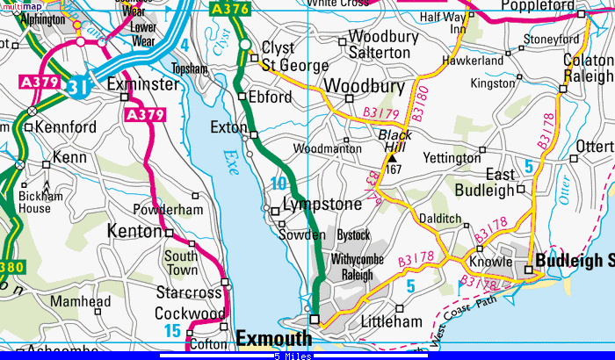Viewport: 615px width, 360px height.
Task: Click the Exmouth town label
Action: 273,338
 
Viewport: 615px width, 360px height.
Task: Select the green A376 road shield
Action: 230,10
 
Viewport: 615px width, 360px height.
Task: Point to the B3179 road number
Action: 380,114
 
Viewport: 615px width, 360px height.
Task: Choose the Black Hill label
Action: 394,143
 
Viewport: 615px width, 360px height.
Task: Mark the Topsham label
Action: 190,68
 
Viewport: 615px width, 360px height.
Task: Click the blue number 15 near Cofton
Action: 173,330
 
